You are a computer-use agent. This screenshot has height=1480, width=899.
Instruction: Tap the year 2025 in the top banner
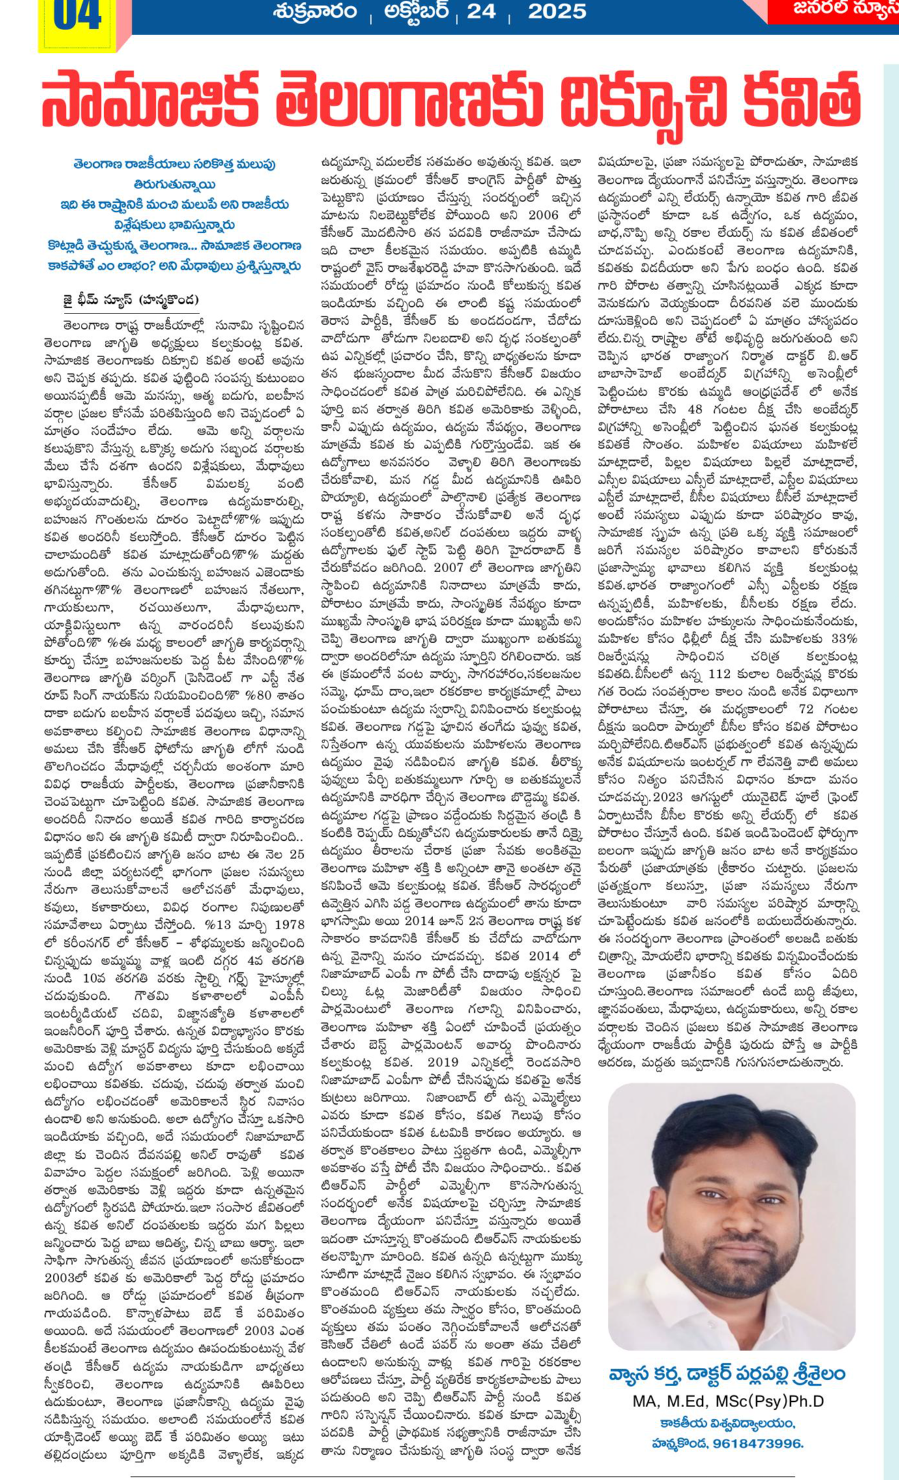coord(556,11)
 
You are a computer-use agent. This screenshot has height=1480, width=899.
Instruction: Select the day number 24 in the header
coord(481,11)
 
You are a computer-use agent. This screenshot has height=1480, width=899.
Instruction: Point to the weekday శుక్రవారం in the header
coord(315,12)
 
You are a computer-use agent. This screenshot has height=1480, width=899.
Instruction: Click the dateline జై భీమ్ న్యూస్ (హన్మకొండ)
coord(130,300)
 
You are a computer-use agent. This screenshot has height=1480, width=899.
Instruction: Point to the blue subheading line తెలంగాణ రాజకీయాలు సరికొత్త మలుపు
coord(174,164)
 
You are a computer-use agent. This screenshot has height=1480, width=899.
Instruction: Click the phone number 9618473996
coord(758,1444)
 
